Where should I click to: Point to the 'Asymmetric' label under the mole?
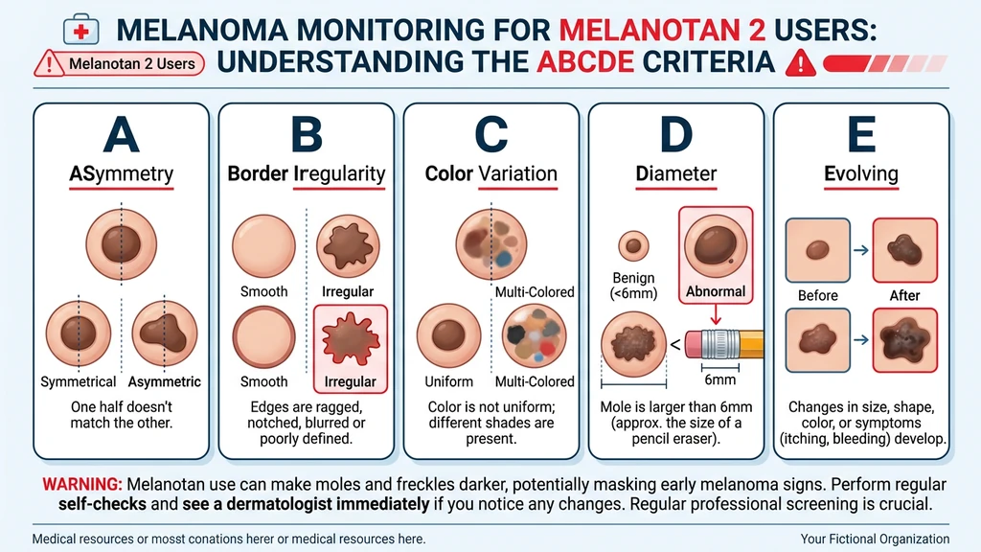point(166,381)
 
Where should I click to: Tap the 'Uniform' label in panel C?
point(448,381)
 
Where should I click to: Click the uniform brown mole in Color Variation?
point(448,335)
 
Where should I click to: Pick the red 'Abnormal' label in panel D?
point(716,291)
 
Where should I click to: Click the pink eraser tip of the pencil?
point(703,342)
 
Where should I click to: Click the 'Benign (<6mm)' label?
point(632,286)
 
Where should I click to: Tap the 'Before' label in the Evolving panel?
point(817,295)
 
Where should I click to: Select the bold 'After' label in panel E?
point(904,295)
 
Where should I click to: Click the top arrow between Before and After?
point(861,250)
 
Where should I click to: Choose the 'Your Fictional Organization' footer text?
point(875,540)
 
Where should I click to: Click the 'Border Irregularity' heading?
point(306,173)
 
